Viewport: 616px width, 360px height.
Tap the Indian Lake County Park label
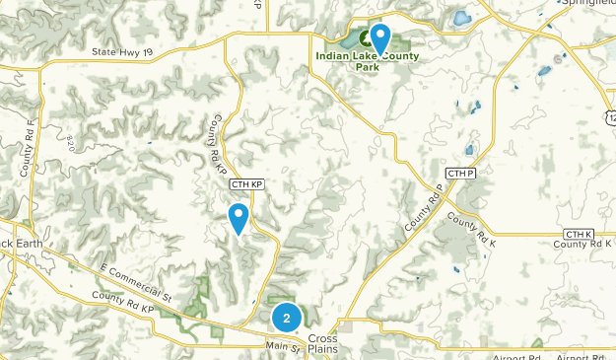[x=368, y=61]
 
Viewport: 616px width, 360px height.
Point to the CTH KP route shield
[x=246, y=184]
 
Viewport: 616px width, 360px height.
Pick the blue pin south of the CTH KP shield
[x=238, y=217]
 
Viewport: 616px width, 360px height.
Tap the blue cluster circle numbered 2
[x=286, y=319]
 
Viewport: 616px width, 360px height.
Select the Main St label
[x=281, y=345]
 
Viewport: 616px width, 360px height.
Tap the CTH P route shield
[x=459, y=174]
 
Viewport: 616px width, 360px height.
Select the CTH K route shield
[x=578, y=234]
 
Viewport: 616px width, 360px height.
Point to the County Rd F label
[x=27, y=148]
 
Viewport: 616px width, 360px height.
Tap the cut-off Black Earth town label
[x=18, y=243]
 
